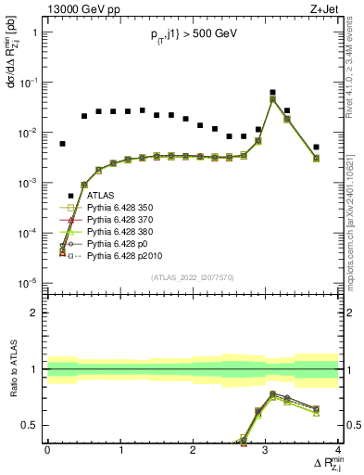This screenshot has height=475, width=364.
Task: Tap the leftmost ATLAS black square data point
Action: click(62, 144)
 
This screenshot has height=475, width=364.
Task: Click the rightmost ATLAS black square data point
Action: click(316, 147)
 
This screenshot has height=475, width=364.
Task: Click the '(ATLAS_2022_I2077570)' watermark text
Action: click(192, 277)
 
